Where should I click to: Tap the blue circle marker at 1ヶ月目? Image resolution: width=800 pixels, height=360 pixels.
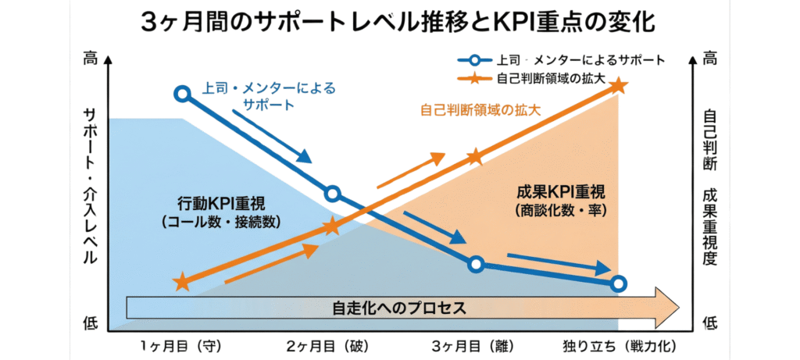click(182, 94)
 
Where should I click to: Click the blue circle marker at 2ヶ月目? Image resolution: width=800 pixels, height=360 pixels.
click(332, 194)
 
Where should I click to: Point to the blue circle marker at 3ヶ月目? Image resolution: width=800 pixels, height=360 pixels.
click(477, 264)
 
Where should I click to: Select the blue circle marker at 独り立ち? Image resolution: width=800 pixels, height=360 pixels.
click(618, 283)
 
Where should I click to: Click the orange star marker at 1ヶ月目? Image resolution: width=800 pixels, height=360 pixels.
click(182, 282)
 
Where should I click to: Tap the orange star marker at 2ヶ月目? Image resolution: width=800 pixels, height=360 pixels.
click(332, 226)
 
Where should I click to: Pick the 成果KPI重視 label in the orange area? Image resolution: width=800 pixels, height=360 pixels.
click(561, 192)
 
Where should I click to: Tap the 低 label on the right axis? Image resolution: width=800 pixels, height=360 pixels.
click(709, 321)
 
